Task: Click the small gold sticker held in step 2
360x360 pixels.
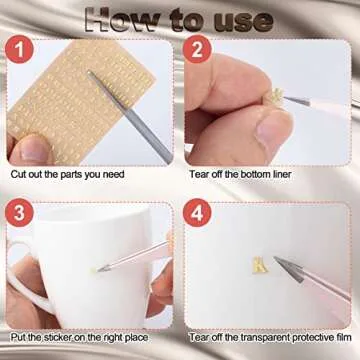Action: tap(277, 97)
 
